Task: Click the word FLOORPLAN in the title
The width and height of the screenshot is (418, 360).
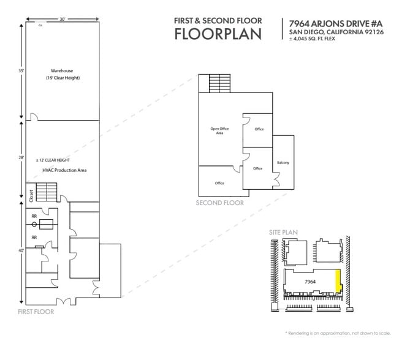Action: coord(218,34)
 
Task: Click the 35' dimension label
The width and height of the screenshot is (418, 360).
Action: coord(21,71)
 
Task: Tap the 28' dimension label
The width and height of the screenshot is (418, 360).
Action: coord(21,157)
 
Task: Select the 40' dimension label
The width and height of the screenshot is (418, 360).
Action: coord(21,250)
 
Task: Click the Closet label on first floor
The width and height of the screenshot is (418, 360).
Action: coord(31,195)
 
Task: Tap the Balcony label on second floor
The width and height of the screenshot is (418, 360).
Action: coord(283,162)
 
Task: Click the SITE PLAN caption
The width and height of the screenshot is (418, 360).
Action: coord(283,233)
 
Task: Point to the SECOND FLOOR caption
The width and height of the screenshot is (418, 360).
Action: coord(219,203)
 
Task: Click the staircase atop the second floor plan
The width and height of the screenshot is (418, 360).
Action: coord(218,83)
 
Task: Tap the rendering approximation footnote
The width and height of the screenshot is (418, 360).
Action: coord(338,333)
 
